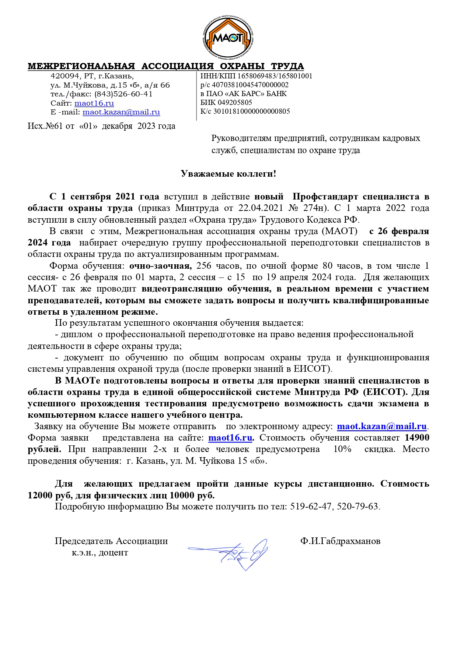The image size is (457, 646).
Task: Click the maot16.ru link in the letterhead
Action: point(94,103)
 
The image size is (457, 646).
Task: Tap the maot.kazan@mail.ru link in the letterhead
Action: point(121,112)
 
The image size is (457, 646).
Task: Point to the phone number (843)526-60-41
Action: point(123,94)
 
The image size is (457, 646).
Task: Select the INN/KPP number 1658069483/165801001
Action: point(275,76)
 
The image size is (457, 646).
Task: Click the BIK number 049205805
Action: point(235,103)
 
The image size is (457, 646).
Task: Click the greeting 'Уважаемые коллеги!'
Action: point(228,174)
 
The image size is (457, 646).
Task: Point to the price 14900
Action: point(417,438)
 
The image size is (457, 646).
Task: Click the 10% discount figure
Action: point(342,449)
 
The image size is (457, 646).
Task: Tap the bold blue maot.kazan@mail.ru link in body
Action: point(381,427)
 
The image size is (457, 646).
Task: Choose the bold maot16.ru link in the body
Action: point(230,438)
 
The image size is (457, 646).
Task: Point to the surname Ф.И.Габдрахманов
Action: point(340,541)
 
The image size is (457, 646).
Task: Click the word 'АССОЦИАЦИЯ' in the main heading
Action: point(177,67)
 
